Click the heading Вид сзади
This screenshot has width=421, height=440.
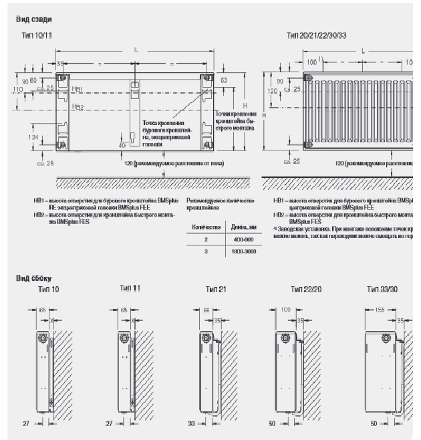pos(33,21)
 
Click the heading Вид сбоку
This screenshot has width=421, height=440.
pos(33,277)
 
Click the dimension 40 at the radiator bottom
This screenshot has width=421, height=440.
pos(121,144)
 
